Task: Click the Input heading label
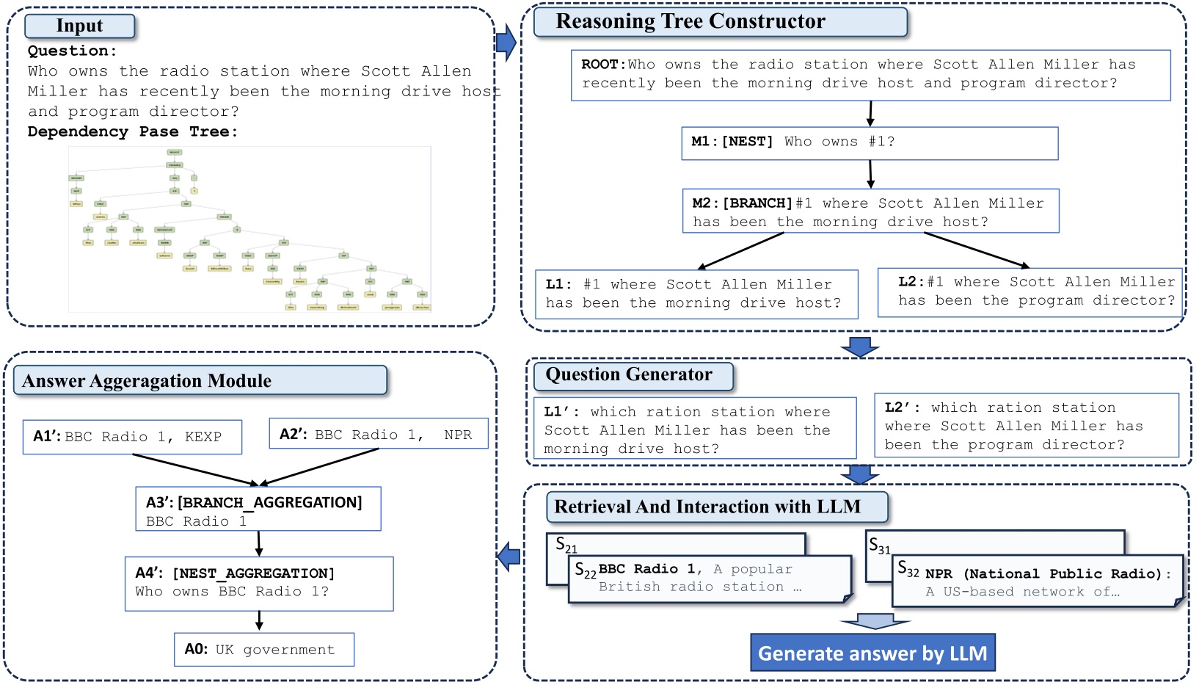pos(80,26)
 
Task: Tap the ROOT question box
pos(870,75)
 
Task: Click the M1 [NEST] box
pos(870,143)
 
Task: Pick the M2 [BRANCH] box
pos(870,212)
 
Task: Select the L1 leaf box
pos(696,294)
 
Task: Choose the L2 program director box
pos(1029,292)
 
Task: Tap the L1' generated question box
pos(694,429)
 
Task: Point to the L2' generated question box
pos(1026,426)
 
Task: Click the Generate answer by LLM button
pos(872,653)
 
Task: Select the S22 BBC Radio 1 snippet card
pos(709,579)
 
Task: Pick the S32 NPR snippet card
pos(1037,581)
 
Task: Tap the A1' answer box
pos(132,437)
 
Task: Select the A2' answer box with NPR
pos(379,434)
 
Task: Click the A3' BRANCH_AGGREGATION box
pos(258,509)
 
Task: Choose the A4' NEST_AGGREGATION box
pos(259,584)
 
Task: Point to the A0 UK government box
pos(264,650)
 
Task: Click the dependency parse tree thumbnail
pos(249,229)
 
